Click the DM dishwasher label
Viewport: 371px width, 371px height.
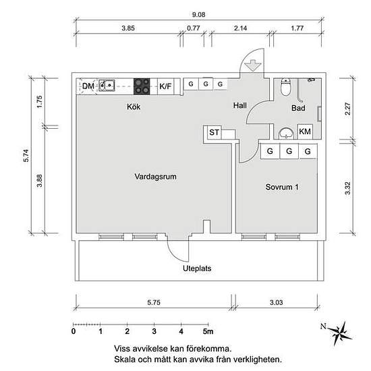pyautogui.click(x=88, y=86)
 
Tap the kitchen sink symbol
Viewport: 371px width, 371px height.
pyautogui.click(x=107, y=85)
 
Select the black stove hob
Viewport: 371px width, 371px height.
pyautogui.click(x=142, y=86)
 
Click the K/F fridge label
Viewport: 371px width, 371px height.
pyautogui.click(x=165, y=86)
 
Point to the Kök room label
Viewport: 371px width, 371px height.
pyautogui.click(x=134, y=107)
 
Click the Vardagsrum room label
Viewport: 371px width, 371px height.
pyautogui.click(x=155, y=177)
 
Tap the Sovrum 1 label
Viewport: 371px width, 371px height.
pyautogui.click(x=282, y=187)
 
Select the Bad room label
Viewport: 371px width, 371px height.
pyautogui.click(x=298, y=108)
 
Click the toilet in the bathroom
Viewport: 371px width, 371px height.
pyautogui.click(x=285, y=87)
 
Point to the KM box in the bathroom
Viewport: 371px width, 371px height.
pyautogui.click(x=305, y=132)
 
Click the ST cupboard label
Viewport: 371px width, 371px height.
pyautogui.click(x=214, y=132)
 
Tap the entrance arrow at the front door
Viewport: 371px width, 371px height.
pyautogui.click(x=253, y=65)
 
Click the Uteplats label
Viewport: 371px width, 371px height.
pyautogui.click(x=197, y=268)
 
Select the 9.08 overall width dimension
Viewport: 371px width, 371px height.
pyautogui.click(x=198, y=15)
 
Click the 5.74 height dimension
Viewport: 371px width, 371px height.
pyautogui.click(x=26, y=155)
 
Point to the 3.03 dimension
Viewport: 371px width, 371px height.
pyautogui.click(x=277, y=302)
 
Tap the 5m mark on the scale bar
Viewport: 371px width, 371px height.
pyautogui.click(x=208, y=331)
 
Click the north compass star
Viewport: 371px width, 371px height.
pyautogui.click(x=339, y=333)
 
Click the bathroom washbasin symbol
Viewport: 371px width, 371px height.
pyautogui.click(x=286, y=134)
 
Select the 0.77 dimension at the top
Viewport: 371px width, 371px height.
pyautogui.click(x=194, y=28)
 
